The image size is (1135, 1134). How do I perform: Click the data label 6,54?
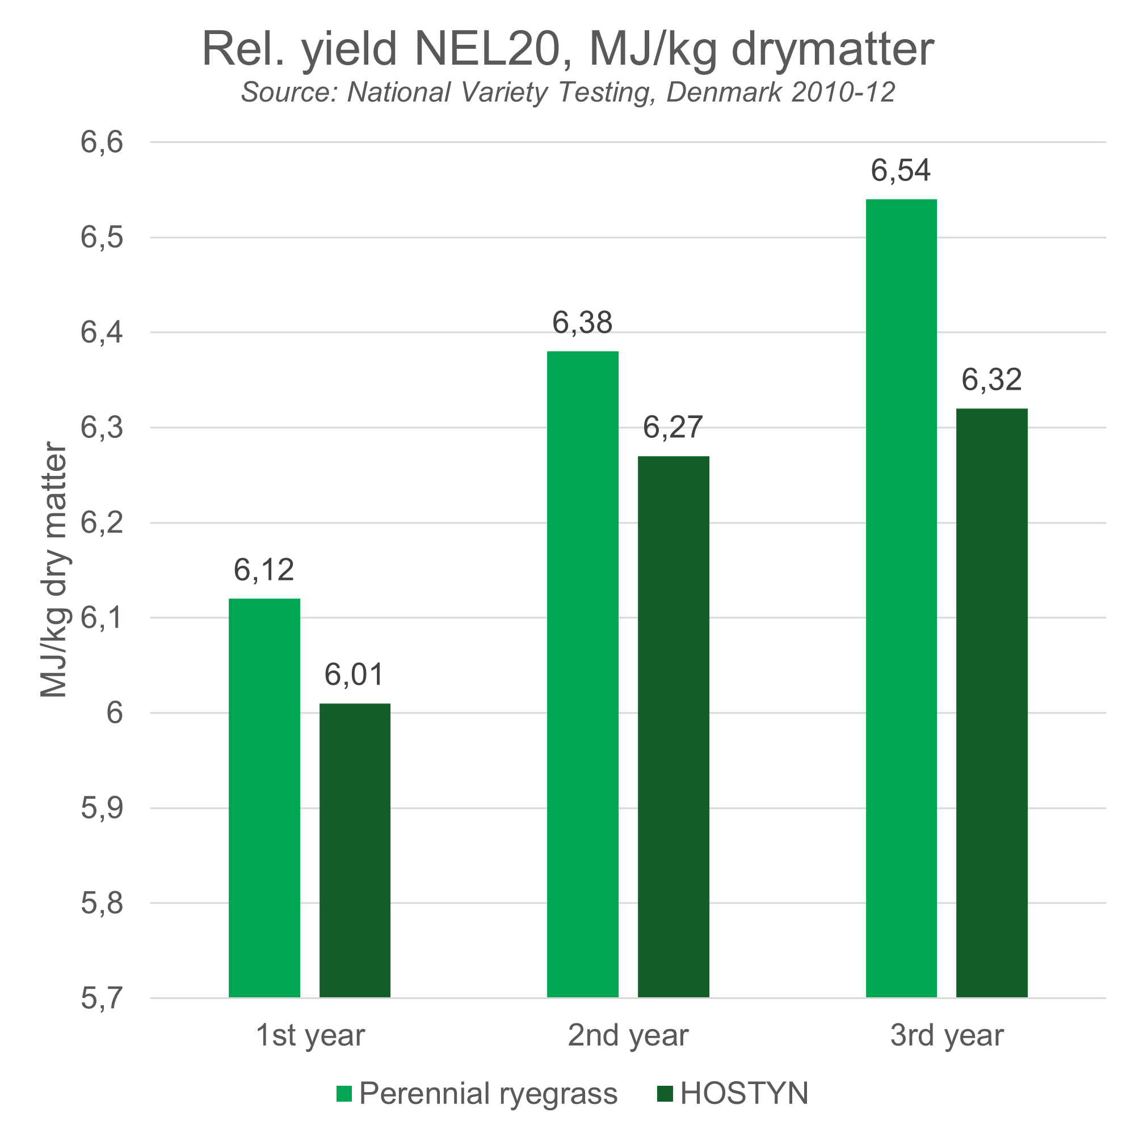(x=900, y=171)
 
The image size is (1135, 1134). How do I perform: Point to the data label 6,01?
(x=354, y=674)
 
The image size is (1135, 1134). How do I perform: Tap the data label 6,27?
(x=672, y=427)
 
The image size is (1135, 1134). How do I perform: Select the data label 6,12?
(x=264, y=570)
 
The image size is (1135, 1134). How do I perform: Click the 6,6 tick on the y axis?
(x=102, y=142)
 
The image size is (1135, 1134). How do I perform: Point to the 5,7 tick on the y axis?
(x=102, y=998)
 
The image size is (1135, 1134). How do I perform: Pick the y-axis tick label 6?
(x=115, y=713)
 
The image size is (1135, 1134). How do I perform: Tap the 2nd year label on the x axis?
(x=628, y=1035)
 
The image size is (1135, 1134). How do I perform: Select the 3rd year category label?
(x=947, y=1035)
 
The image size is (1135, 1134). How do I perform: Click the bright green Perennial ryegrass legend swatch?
(x=344, y=1094)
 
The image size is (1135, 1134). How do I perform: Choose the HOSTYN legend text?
(x=744, y=1094)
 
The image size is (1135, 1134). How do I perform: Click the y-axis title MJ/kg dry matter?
(x=54, y=570)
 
